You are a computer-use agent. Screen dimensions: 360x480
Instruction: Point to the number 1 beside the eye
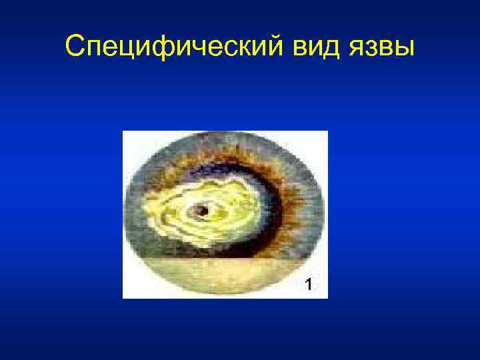(308, 285)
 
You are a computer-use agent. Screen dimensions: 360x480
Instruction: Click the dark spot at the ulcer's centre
(203, 211)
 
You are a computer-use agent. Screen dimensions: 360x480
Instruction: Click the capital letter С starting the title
(76, 46)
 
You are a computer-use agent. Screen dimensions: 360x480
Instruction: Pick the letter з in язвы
(369, 47)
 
